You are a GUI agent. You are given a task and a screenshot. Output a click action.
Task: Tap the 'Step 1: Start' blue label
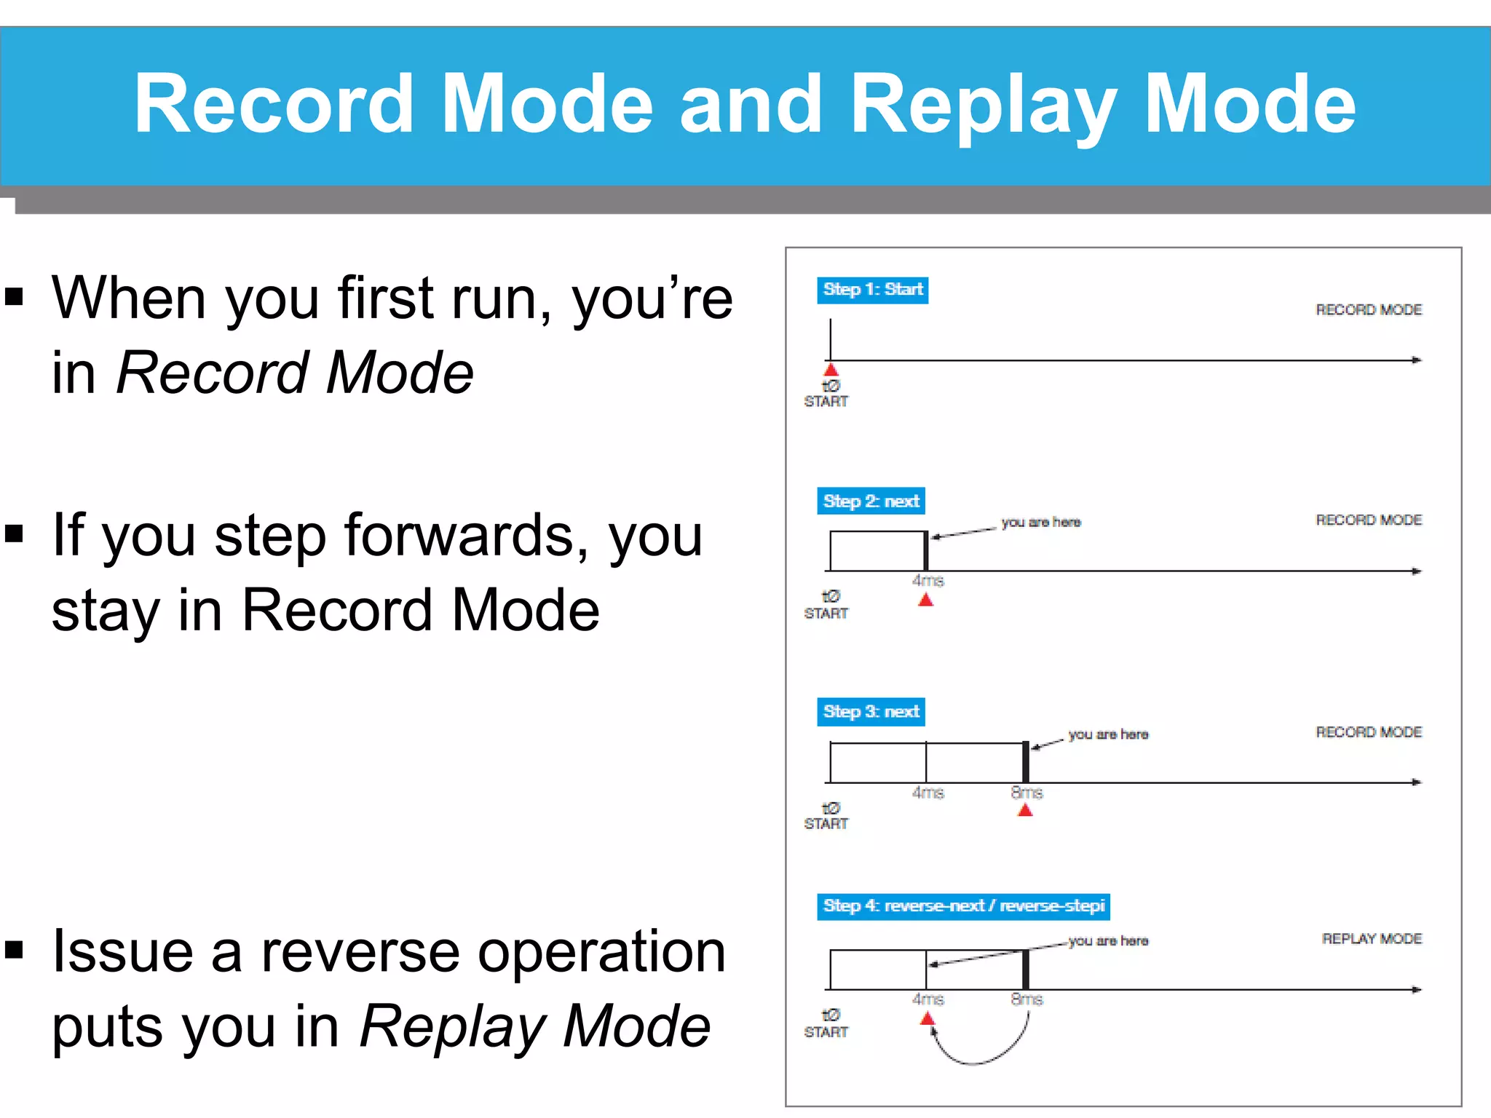pyautogui.click(x=872, y=290)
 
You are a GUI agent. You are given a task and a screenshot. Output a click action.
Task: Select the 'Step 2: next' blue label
pyautogui.click(x=871, y=501)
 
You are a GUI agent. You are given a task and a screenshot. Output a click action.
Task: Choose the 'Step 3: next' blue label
pyautogui.click(x=871, y=711)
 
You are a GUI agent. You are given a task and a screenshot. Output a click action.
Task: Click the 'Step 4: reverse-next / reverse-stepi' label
pyautogui.click(x=963, y=905)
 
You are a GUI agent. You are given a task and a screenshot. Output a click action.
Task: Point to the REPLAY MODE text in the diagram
pyautogui.click(x=1372, y=938)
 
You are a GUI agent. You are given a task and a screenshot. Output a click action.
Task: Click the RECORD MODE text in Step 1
pyautogui.click(x=1369, y=309)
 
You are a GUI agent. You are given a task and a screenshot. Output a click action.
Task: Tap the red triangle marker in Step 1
pyautogui.click(x=831, y=370)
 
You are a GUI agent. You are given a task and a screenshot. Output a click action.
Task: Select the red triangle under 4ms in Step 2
pyautogui.click(x=925, y=600)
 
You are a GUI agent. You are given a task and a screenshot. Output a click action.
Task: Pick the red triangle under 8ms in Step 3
pyautogui.click(x=1025, y=810)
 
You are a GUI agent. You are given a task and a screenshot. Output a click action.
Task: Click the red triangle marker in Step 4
pyautogui.click(x=927, y=1019)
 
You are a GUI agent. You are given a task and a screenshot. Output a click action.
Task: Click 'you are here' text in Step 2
pyautogui.click(x=1040, y=522)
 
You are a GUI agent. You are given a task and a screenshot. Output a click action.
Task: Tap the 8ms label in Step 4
pyautogui.click(x=1027, y=999)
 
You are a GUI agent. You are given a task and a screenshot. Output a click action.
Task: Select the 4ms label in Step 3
pyautogui.click(x=928, y=792)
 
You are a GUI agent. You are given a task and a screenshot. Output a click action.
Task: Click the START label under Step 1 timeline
pyautogui.click(x=826, y=401)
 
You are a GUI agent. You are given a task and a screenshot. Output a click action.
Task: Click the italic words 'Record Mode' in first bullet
pyautogui.click(x=295, y=373)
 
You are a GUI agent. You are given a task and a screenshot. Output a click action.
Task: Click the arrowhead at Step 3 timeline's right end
pyautogui.click(x=1416, y=782)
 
